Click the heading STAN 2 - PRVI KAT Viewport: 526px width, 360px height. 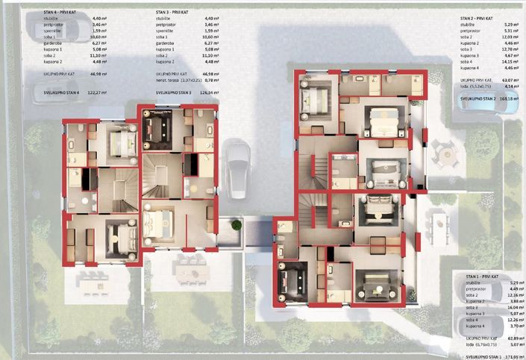478,16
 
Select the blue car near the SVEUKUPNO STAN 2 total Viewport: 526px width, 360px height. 478,101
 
